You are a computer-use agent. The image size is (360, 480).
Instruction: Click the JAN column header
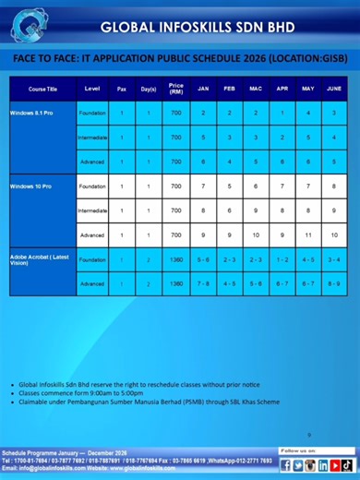tap(203, 89)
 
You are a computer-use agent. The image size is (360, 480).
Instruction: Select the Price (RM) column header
tap(175, 89)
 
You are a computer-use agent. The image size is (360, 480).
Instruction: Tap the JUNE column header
tap(334, 89)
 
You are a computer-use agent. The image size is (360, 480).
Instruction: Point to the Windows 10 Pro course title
tap(30, 186)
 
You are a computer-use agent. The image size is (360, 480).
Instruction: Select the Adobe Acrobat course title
tap(39, 262)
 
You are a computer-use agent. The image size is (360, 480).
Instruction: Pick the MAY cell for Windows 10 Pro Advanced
tap(308, 234)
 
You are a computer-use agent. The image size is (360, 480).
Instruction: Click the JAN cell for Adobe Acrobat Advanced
tap(203, 283)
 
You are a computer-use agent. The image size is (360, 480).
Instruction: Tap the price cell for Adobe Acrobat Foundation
tap(175, 259)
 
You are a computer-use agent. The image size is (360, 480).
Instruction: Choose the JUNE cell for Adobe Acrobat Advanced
tap(334, 283)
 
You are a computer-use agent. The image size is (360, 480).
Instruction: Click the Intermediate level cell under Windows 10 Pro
tap(92, 210)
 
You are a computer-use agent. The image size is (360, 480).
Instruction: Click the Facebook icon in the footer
tap(286, 464)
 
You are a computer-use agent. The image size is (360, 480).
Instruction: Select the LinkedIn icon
tap(311, 464)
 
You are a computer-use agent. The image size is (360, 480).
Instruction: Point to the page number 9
tap(309, 433)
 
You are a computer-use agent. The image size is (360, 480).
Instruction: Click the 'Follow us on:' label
tap(297, 450)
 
